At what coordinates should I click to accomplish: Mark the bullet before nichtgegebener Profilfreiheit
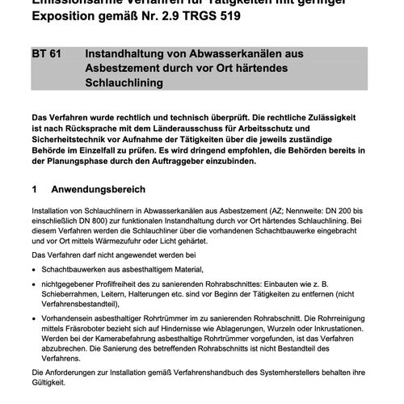(34, 284)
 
